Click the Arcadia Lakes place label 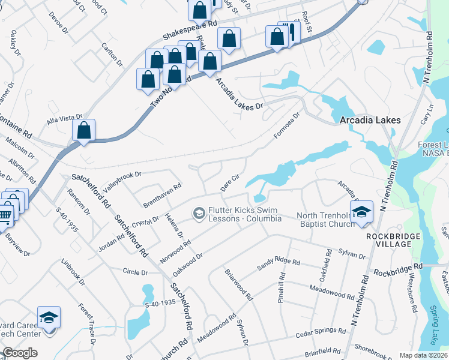coord(370,120)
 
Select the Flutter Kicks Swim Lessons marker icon coord(198,214)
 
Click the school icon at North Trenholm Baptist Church coord(361,213)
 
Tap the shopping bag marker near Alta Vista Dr coord(84,130)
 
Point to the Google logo coord(20,353)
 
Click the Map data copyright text coord(423,355)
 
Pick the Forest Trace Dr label coord(86,325)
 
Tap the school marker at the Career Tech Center coord(49,317)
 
